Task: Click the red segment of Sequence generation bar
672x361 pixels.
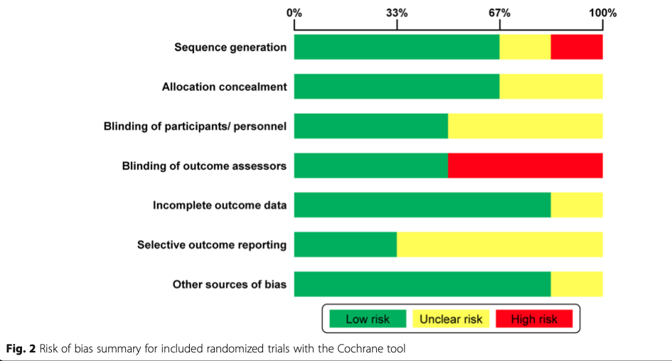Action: [577, 47]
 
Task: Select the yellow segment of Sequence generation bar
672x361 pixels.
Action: [525, 47]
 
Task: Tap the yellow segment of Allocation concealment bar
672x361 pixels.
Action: [551, 87]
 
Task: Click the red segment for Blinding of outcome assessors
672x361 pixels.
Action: [526, 166]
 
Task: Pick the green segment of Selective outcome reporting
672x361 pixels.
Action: [346, 245]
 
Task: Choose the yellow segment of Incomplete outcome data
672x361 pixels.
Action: [577, 205]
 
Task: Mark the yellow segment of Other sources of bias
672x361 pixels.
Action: [577, 284]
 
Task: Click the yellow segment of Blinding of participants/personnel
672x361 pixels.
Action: [526, 126]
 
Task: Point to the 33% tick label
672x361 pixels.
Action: [397, 13]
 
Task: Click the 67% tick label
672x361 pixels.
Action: [499, 13]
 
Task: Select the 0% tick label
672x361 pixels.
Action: [294, 13]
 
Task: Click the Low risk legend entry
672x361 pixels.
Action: [368, 319]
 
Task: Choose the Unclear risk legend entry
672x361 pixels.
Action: [451, 319]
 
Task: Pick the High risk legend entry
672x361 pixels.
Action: [534, 319]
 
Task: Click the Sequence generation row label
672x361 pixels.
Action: [230, 48]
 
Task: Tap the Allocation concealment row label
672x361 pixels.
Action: [224, 87]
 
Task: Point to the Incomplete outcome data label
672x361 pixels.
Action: [220, 205]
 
